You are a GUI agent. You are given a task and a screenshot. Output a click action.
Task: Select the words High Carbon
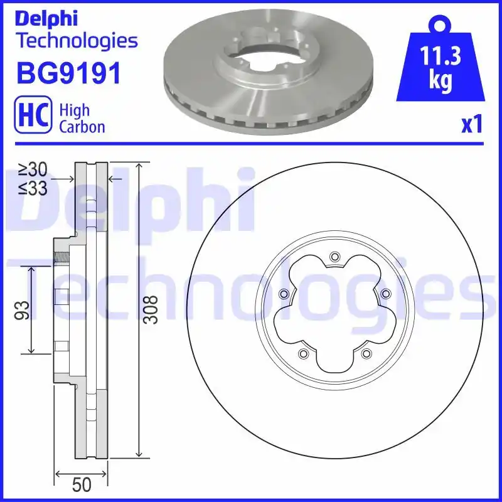click(82, 118)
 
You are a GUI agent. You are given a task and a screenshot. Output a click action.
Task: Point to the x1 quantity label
click(472, 125)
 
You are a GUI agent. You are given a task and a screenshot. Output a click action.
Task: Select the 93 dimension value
click(22, 309)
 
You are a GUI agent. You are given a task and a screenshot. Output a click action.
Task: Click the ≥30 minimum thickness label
click(33, 169)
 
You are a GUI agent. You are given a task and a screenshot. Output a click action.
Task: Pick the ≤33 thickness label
click(33, 188)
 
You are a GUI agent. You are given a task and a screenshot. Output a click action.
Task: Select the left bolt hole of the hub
click(284, 294)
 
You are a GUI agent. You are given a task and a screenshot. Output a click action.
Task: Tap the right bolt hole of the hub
click(385, 294)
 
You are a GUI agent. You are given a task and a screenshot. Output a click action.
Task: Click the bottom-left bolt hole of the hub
click(303, 354)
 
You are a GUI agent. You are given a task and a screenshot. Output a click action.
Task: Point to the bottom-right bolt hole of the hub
click(366, 354)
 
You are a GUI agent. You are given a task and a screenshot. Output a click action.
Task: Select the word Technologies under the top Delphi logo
click(76, 41)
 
